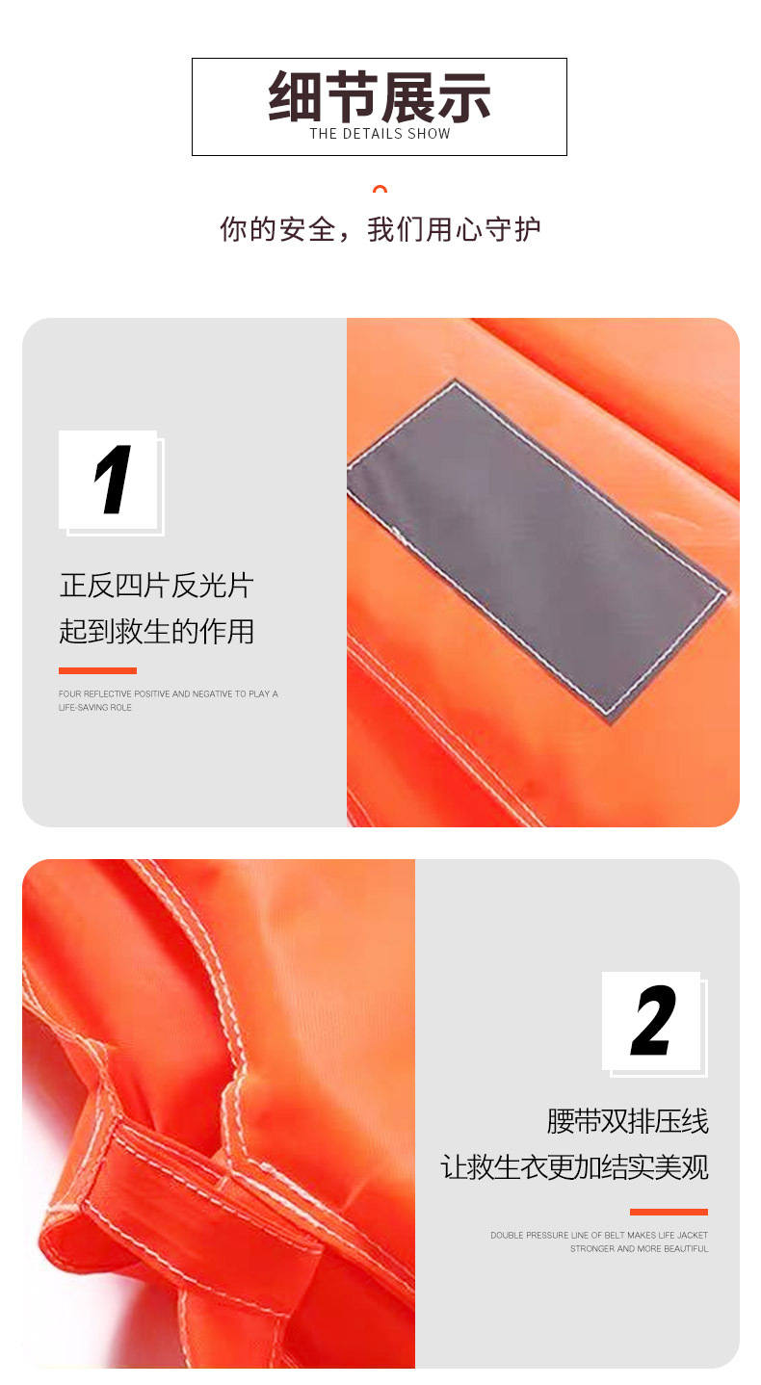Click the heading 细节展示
pos(380,96)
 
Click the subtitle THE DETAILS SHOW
pos(380,134)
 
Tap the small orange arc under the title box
pos(380,189)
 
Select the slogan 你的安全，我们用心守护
pos(380,229)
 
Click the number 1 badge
pos(112,483)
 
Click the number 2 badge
pos(655,1025)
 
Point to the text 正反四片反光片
pos(156,585)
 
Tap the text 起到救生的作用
pos(156,631)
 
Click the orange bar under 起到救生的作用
pos(97,671)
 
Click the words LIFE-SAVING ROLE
pos(95,707)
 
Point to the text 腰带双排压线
pos(627,1121)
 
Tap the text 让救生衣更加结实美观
pos(574,1167)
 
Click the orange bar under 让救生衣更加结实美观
pos(669,1212)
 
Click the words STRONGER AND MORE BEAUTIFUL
pos(640,1248)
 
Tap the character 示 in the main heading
pos(464,96)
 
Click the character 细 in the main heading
pos(295,96)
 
